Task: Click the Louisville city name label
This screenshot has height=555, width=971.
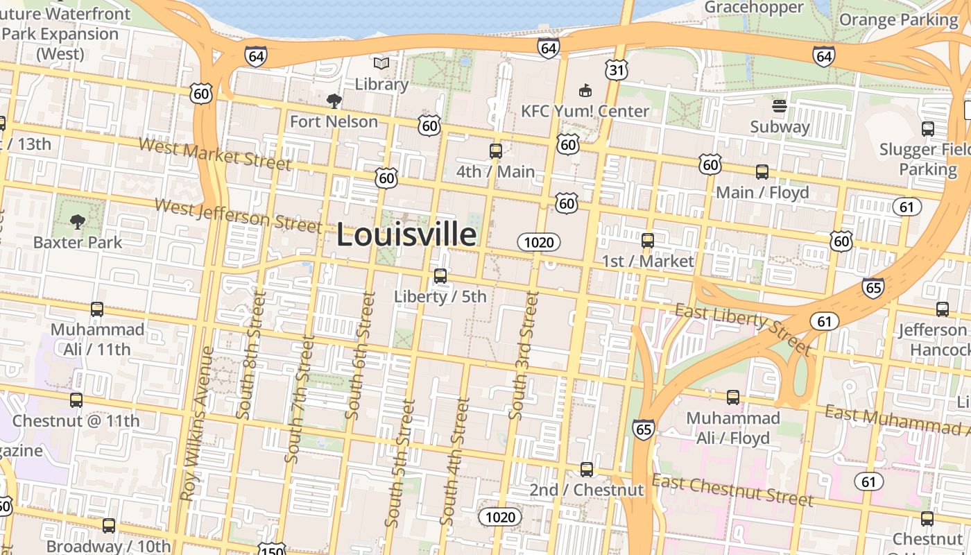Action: tap(406, 235)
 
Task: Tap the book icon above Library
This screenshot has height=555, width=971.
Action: tap(381, 64)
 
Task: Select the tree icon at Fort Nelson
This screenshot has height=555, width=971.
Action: tap(334, 101)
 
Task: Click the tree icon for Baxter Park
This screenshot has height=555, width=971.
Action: tap(77, 222)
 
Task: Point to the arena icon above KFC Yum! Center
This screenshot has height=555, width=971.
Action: tap(585, 90)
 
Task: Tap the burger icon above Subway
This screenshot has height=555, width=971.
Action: tap(780, 106)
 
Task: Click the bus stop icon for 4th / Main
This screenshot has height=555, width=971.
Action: tap(495, 151)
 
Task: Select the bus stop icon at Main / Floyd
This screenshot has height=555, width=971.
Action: tap(762, 172)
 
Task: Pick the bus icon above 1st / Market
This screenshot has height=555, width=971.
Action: tap(647, 241)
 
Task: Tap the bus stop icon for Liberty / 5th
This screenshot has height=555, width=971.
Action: tap(440, 276)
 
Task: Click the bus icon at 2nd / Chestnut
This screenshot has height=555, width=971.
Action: tap(587, 470)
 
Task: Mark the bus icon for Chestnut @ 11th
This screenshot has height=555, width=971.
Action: tap(76, 400)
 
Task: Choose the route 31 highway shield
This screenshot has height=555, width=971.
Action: tap(615, 69)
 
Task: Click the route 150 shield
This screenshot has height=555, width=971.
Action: tap(271, 549)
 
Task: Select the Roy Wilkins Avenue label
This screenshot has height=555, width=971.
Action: tap(196, 424)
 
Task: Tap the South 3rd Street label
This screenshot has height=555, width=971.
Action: tap(523, 355)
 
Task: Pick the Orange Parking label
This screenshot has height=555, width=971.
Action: tap(898, 19)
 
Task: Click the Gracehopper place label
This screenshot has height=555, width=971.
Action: tap(754, 8)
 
